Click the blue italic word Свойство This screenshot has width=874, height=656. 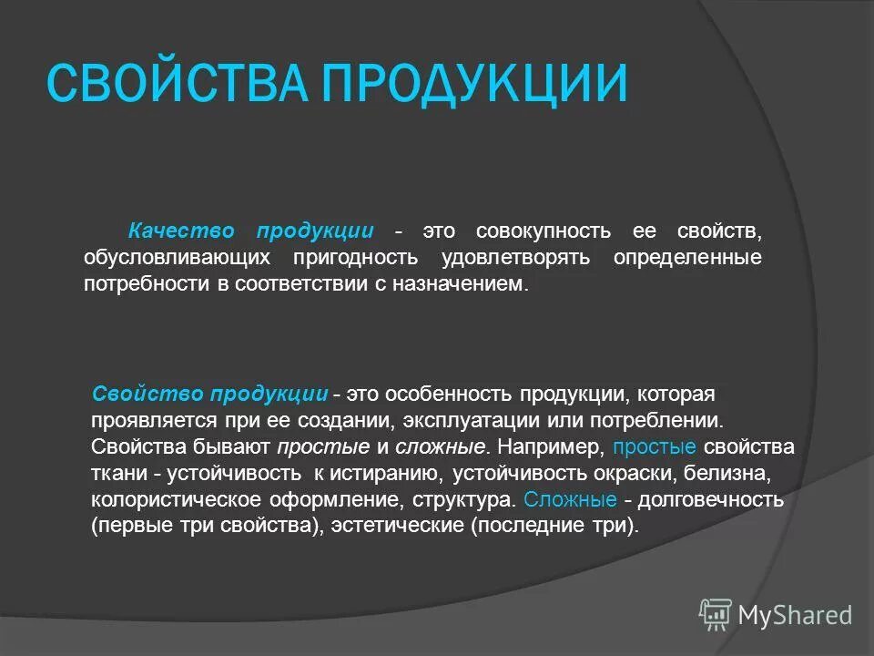coord(148,394)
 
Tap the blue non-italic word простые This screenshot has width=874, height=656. coord(655,447)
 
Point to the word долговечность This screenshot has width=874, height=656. coord(711,500)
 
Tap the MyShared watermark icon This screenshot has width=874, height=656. coord(716,615)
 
